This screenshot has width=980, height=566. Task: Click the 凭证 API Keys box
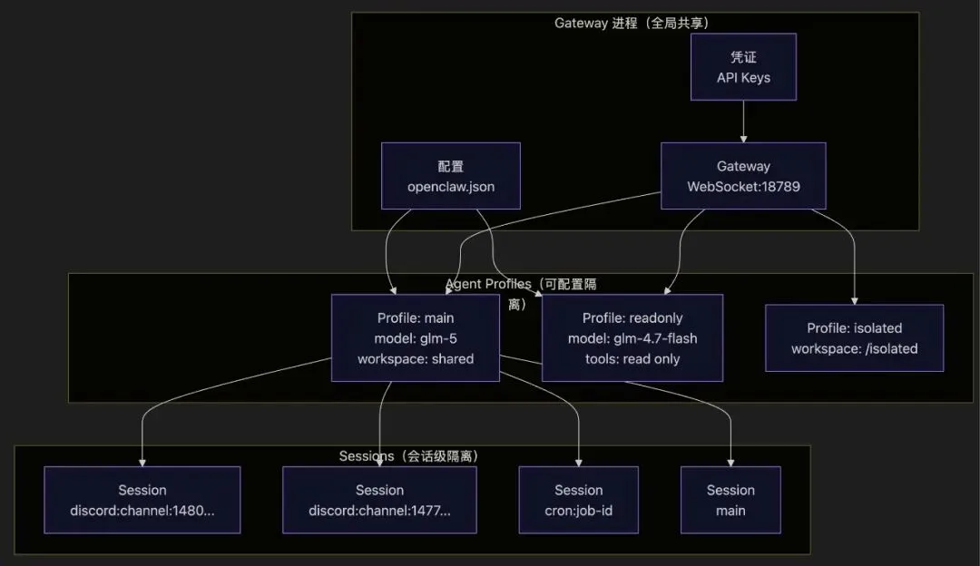[x=743, y=67]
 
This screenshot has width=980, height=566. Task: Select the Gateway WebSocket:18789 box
[x=743, y=176]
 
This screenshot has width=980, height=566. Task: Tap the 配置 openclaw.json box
[x=451, y=176]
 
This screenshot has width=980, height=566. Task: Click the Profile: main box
[x=415, y=337]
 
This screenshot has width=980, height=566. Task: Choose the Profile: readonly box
[x=632, y=337]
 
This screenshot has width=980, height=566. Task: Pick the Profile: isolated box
[x=854, y=337]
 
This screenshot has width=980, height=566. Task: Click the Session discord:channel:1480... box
[x=142, y=500]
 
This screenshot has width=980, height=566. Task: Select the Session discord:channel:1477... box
[x=379, y=500]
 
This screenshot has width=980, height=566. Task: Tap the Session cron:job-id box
[x=578, y=500]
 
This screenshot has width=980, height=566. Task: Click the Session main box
[x=730, y=500]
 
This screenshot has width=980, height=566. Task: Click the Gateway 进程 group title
[x=632, y=23]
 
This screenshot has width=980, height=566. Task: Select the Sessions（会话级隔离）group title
[x=408, y=456]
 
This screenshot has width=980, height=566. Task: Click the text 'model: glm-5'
[x=415, y=338]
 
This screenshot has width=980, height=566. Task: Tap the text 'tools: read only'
[x=632, y=359]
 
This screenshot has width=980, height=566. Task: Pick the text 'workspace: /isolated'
[x=854, y=348]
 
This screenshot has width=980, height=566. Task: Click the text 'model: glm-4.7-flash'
[x=632, y=338]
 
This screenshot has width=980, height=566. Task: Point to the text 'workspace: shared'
[x=415, y=359]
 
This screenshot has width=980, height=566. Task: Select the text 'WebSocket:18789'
[x=743, y=187]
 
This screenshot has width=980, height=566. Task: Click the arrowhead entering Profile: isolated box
[x=854, y=300]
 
